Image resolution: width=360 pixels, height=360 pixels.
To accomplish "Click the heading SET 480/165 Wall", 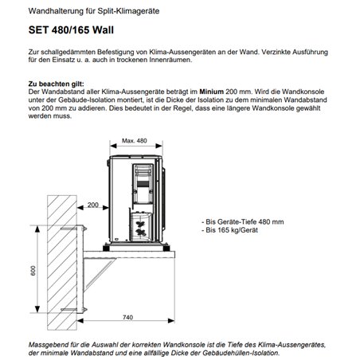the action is coord(71,30).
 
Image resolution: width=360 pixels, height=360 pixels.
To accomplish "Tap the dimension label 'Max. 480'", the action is coord(135,141).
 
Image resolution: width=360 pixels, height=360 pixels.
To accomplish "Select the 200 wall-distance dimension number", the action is coord(93,205).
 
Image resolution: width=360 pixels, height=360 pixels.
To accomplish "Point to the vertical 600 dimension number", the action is coord(33,271).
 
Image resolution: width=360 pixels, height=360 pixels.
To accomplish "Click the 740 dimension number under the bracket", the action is coord(127,317).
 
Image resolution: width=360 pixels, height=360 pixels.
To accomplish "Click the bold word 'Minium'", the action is coord(212,92).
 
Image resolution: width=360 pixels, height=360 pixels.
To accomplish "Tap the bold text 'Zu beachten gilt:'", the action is coord(56,84).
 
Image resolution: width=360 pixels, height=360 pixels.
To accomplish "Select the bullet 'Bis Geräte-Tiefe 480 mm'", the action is coord(243,221).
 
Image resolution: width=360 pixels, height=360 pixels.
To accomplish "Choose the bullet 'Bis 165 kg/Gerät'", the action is coord(229,230).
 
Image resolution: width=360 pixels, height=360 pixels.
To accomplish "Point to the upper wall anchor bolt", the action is coord(72,229).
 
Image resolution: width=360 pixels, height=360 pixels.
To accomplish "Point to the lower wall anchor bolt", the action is coord(72,310).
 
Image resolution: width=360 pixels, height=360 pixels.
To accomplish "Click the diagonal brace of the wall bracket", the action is coord(100,275).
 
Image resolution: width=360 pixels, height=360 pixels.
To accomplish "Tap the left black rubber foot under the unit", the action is coord(106,248).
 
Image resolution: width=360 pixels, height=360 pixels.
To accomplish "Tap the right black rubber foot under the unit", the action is coord(166,248).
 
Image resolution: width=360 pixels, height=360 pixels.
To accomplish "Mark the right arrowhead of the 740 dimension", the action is coord(171,321).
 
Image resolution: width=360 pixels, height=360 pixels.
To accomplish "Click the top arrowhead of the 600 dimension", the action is coord(37,229).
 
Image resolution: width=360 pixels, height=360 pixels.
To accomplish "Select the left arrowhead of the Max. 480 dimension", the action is coord(113,146).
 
